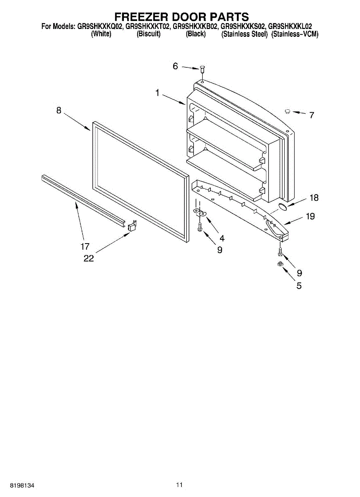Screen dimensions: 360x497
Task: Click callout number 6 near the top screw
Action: tap(175, 66)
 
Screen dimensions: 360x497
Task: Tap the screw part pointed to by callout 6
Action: tap(202, 70)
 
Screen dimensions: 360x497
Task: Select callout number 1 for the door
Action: tap(157, 93)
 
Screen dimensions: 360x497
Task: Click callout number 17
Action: tap(85, 247)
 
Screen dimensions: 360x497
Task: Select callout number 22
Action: tap(88, 258)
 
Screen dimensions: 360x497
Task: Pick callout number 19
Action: tap(310, 216)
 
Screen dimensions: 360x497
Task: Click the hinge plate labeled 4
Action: tap(201, 213)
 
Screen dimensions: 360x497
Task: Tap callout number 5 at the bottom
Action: tap(299, 285)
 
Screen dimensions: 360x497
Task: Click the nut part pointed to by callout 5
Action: tap(280, 264)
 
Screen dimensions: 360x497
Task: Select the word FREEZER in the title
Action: tap(140, 17)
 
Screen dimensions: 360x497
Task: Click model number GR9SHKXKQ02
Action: tap(100, 27)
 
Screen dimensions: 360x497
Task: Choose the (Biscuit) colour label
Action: tap(148, 34)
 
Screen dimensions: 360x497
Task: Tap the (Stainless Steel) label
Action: tap(244, 34)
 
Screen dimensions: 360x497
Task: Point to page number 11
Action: tap(179, 485)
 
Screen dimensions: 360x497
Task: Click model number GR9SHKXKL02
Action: tap(290, 27)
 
